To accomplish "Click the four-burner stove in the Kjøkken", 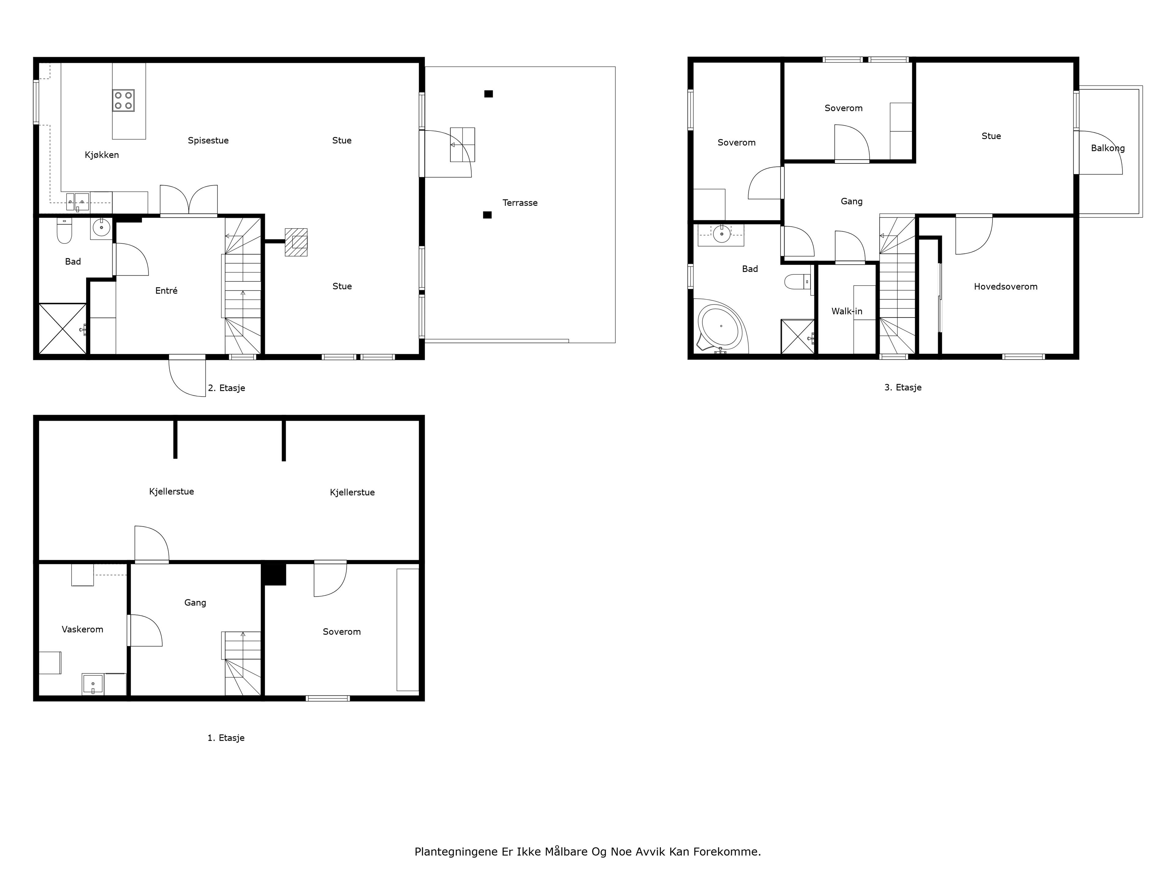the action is (123, 100).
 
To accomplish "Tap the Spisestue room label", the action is (209, 140).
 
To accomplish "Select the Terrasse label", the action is (520, 202).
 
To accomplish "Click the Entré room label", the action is (166, 290).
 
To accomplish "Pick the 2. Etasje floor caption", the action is (227, 388).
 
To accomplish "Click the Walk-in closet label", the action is (847, 311).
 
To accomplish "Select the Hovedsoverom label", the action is (1006, 287).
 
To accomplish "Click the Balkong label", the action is (1108, 148).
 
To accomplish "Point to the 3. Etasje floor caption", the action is (903, 388).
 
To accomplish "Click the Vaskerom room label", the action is (82, 629).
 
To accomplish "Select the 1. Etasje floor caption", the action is (226, 738).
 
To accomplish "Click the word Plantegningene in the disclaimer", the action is (456, 852).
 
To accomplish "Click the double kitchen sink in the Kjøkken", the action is (77, 202).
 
